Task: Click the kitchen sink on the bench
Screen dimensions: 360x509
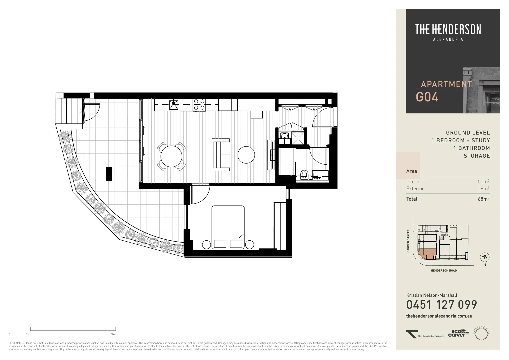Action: click(x=174, y=104)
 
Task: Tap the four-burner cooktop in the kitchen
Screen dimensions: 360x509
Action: click(x=199, y=104)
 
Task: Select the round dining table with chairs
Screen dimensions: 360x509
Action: click(x=171, y=156)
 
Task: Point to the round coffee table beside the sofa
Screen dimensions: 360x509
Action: click(x=246, y=155)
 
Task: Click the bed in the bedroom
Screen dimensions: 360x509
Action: click(x=228, y=227)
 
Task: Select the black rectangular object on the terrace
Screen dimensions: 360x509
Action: click(x=109, y=174)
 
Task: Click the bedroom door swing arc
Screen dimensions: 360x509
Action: click(x=201, y=195)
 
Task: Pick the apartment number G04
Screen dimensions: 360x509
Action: click(x=427, y=97)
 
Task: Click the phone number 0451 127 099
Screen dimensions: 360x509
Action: click(x=441, y=305)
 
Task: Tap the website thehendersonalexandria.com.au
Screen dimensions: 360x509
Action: click(x=439, y=316)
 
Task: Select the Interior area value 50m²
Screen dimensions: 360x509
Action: click(x=483, y=182)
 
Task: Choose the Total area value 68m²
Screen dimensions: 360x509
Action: click(x=483, y=199)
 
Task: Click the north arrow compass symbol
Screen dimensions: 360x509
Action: click(x=485, y=257)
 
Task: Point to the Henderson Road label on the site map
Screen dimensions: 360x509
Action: click(x=444, y=271)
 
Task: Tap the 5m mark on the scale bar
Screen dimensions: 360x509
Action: click(x=114, y=334)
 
